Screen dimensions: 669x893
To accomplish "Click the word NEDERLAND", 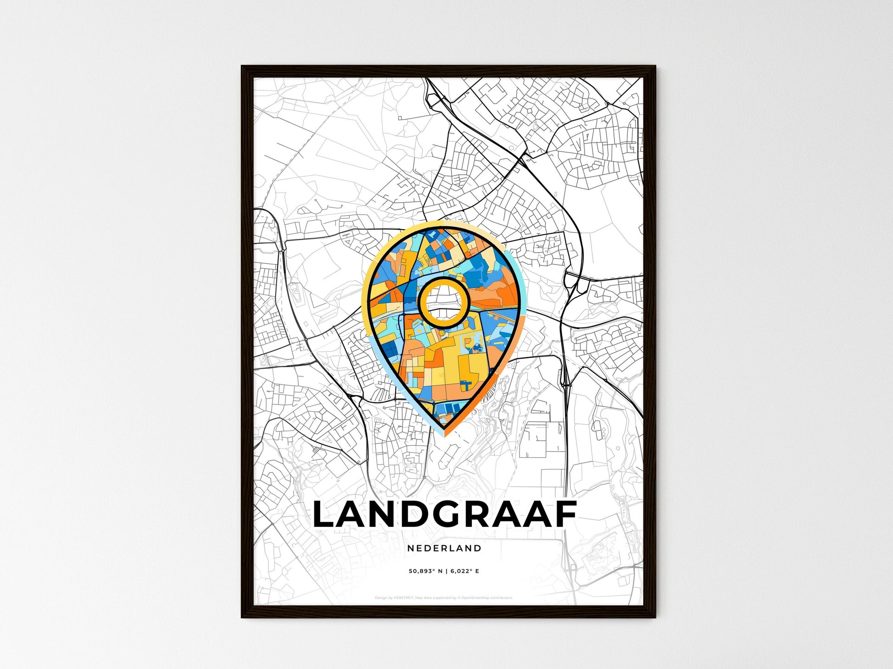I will (x=444, y=548).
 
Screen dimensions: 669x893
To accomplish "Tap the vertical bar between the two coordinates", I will (x=446, y=571).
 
